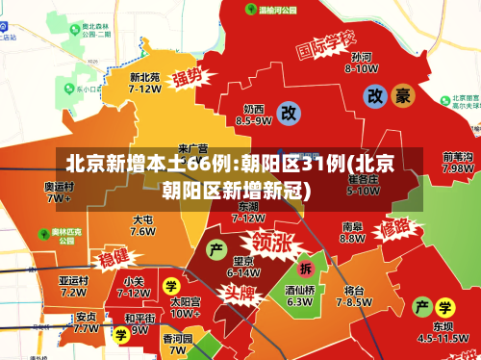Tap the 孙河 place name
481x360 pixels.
click(361, 57)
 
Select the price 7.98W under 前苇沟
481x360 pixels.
click(457, 167)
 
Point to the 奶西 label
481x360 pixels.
click(253, 109)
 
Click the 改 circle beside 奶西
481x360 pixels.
click(288, 112)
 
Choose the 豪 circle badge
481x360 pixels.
click(403, 95)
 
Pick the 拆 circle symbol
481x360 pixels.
click(306, 268)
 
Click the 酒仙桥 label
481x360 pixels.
click(300, 289)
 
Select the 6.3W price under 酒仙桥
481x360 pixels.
click(300, 301)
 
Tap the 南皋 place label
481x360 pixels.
click(352, 227)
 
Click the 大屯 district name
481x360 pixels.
click(142, 219)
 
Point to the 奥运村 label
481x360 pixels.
click(59, 187)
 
